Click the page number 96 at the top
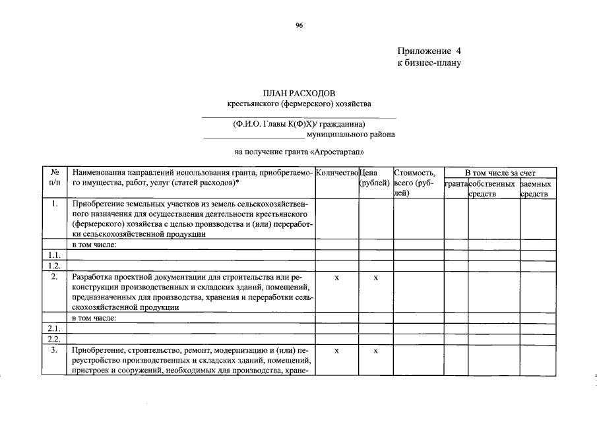click(x=299, y=24)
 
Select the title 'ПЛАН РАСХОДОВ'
click(x=299, y=94)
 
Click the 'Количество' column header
click(x=336, y=173)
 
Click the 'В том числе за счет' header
click(x=498, y=173)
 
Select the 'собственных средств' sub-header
click(x=491, y=188)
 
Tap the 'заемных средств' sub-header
click(x=536, y=188)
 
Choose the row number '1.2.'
click(x=55, y=266)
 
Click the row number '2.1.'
click(x=55, y=328)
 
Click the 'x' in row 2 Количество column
click(x=336, y=278)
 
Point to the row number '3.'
click(x=55, y=350)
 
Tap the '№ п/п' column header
click(x=55, y=177)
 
